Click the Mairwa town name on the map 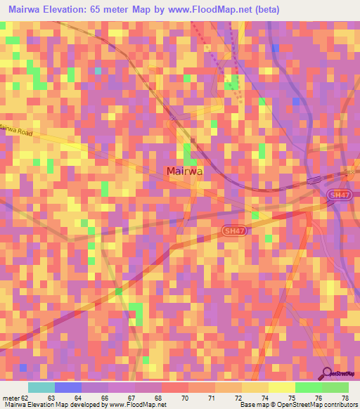click(x=186, y=171)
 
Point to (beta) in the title click(x=266, y=10)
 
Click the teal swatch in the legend click(x=41, y=387)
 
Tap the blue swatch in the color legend click(x=68, y=387)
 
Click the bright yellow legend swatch click(x=282, y=387)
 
